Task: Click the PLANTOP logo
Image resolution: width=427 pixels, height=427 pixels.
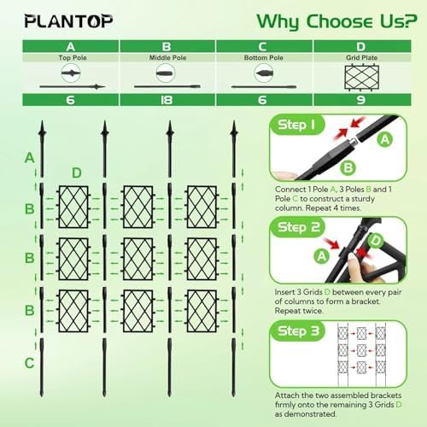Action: (68, 21)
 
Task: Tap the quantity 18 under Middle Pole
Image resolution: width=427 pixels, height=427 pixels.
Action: (167, 100)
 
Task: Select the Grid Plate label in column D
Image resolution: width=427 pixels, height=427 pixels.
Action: (361, 57)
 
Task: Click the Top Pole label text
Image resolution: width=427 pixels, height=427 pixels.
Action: (73, 57)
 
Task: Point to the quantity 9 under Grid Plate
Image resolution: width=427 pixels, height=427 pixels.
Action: (361, 100)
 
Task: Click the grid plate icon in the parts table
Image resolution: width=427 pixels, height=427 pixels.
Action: (361, 78)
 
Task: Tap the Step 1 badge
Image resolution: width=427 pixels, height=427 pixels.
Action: (296, 125)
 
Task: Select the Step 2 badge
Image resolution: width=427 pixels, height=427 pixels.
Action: (298, 227)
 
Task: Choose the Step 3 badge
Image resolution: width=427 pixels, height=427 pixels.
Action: (298, 330)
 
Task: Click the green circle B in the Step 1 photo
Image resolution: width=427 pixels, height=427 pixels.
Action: (348, 167)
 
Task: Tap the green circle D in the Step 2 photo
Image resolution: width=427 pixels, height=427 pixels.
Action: (376, 241)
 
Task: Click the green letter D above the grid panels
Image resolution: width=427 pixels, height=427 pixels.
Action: (77, 173)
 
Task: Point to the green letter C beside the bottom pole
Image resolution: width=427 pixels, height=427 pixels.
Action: (29, 363)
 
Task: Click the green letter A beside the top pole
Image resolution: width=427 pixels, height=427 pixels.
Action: (30, 158)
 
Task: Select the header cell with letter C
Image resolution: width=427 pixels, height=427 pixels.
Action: (264, 46)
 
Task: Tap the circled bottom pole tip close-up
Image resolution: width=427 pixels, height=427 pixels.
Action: (264, 73)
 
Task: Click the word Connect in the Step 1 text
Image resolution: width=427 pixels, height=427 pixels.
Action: (290, 190)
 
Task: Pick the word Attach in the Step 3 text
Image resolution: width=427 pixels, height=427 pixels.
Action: (287, 395)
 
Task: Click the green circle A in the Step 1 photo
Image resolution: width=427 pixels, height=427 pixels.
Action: (385, 140)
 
